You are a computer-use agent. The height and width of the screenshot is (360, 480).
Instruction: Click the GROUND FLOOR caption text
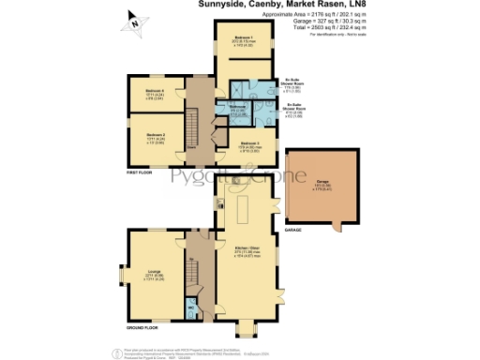[x=143, y=328]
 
